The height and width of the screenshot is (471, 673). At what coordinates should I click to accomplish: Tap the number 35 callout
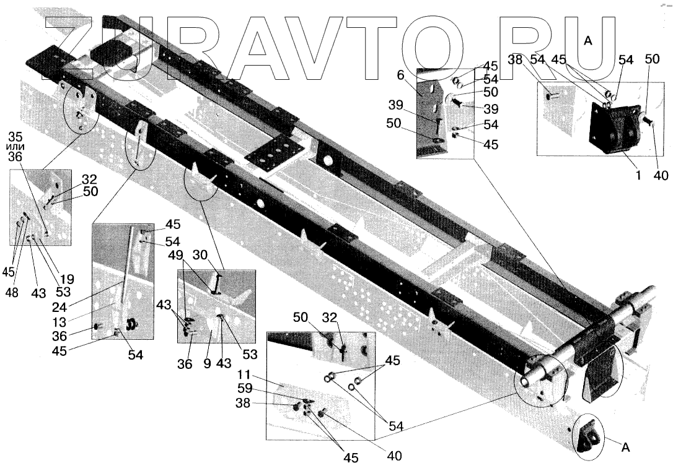15,135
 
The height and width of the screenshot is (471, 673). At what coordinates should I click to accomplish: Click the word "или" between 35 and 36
16,146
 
